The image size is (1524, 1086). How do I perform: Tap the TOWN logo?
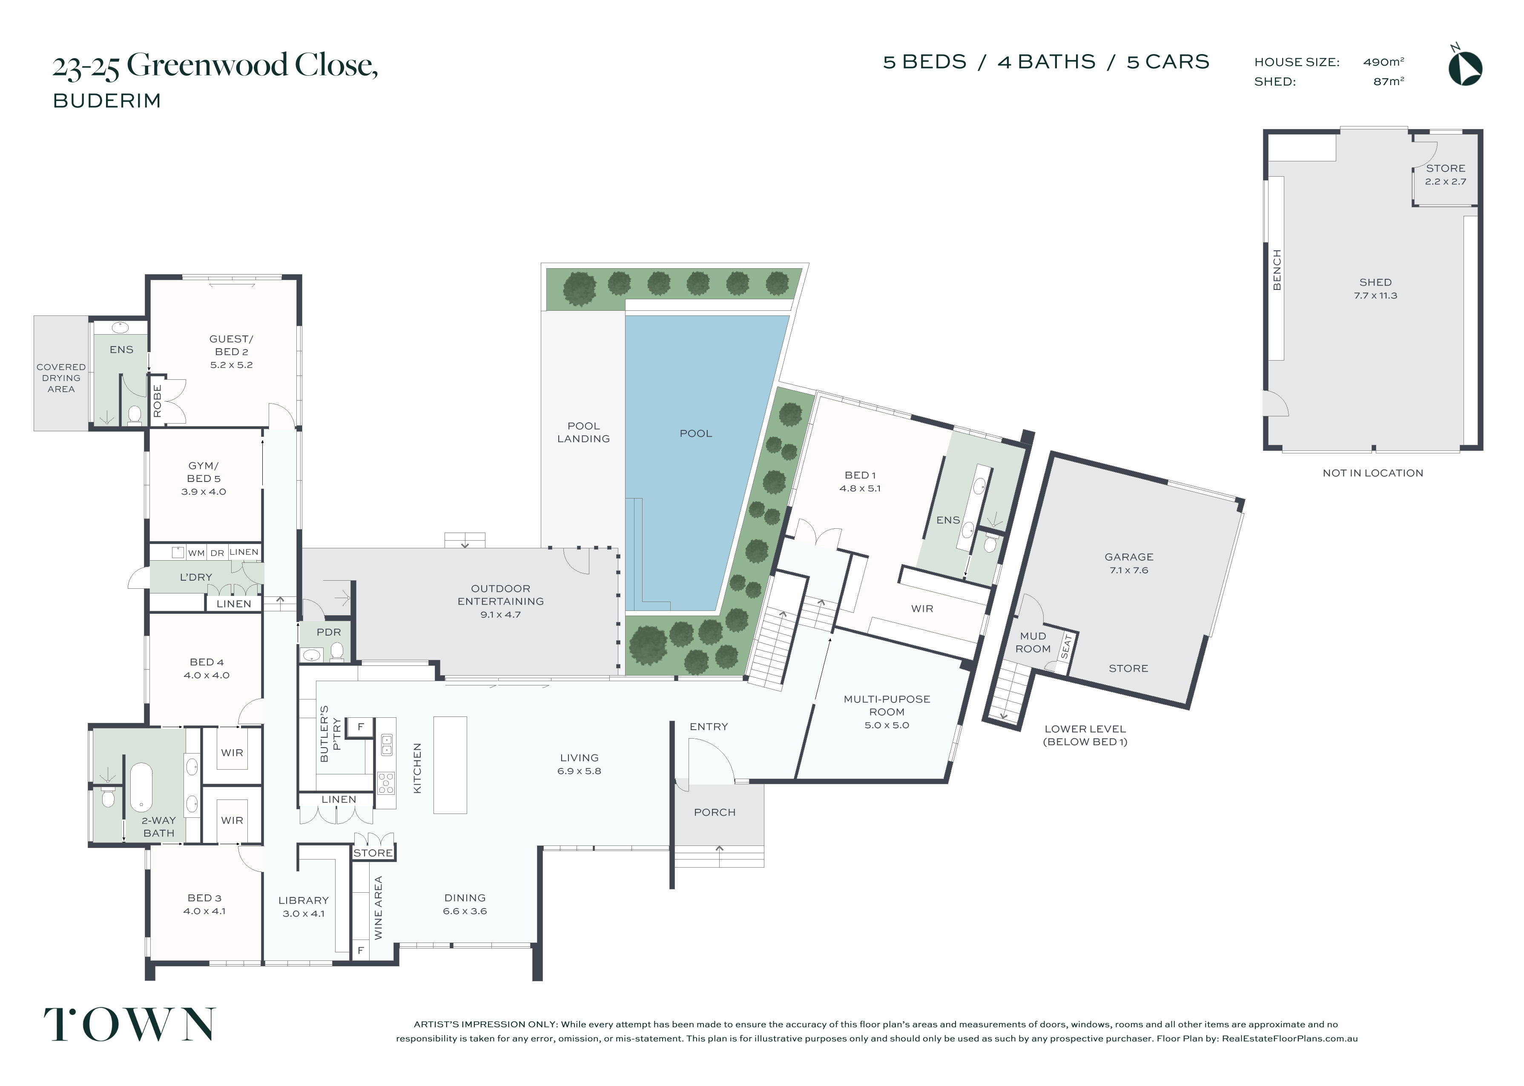coord(130,1024)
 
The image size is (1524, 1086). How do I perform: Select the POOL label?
coord(695,433)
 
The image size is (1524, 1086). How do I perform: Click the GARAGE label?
coord(1129,557)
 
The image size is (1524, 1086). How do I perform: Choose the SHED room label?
coord(1375,282)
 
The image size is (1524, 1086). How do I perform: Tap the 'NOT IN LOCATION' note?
coord(1373,473)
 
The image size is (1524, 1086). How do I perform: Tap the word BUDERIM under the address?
coord(107,101)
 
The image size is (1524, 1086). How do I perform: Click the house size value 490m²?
coord(1383,62)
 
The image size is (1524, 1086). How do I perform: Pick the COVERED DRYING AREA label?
coord(61,378)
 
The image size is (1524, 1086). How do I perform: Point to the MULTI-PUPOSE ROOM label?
coord(887,705)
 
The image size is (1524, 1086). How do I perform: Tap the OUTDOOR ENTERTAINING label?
coord(501,595)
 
